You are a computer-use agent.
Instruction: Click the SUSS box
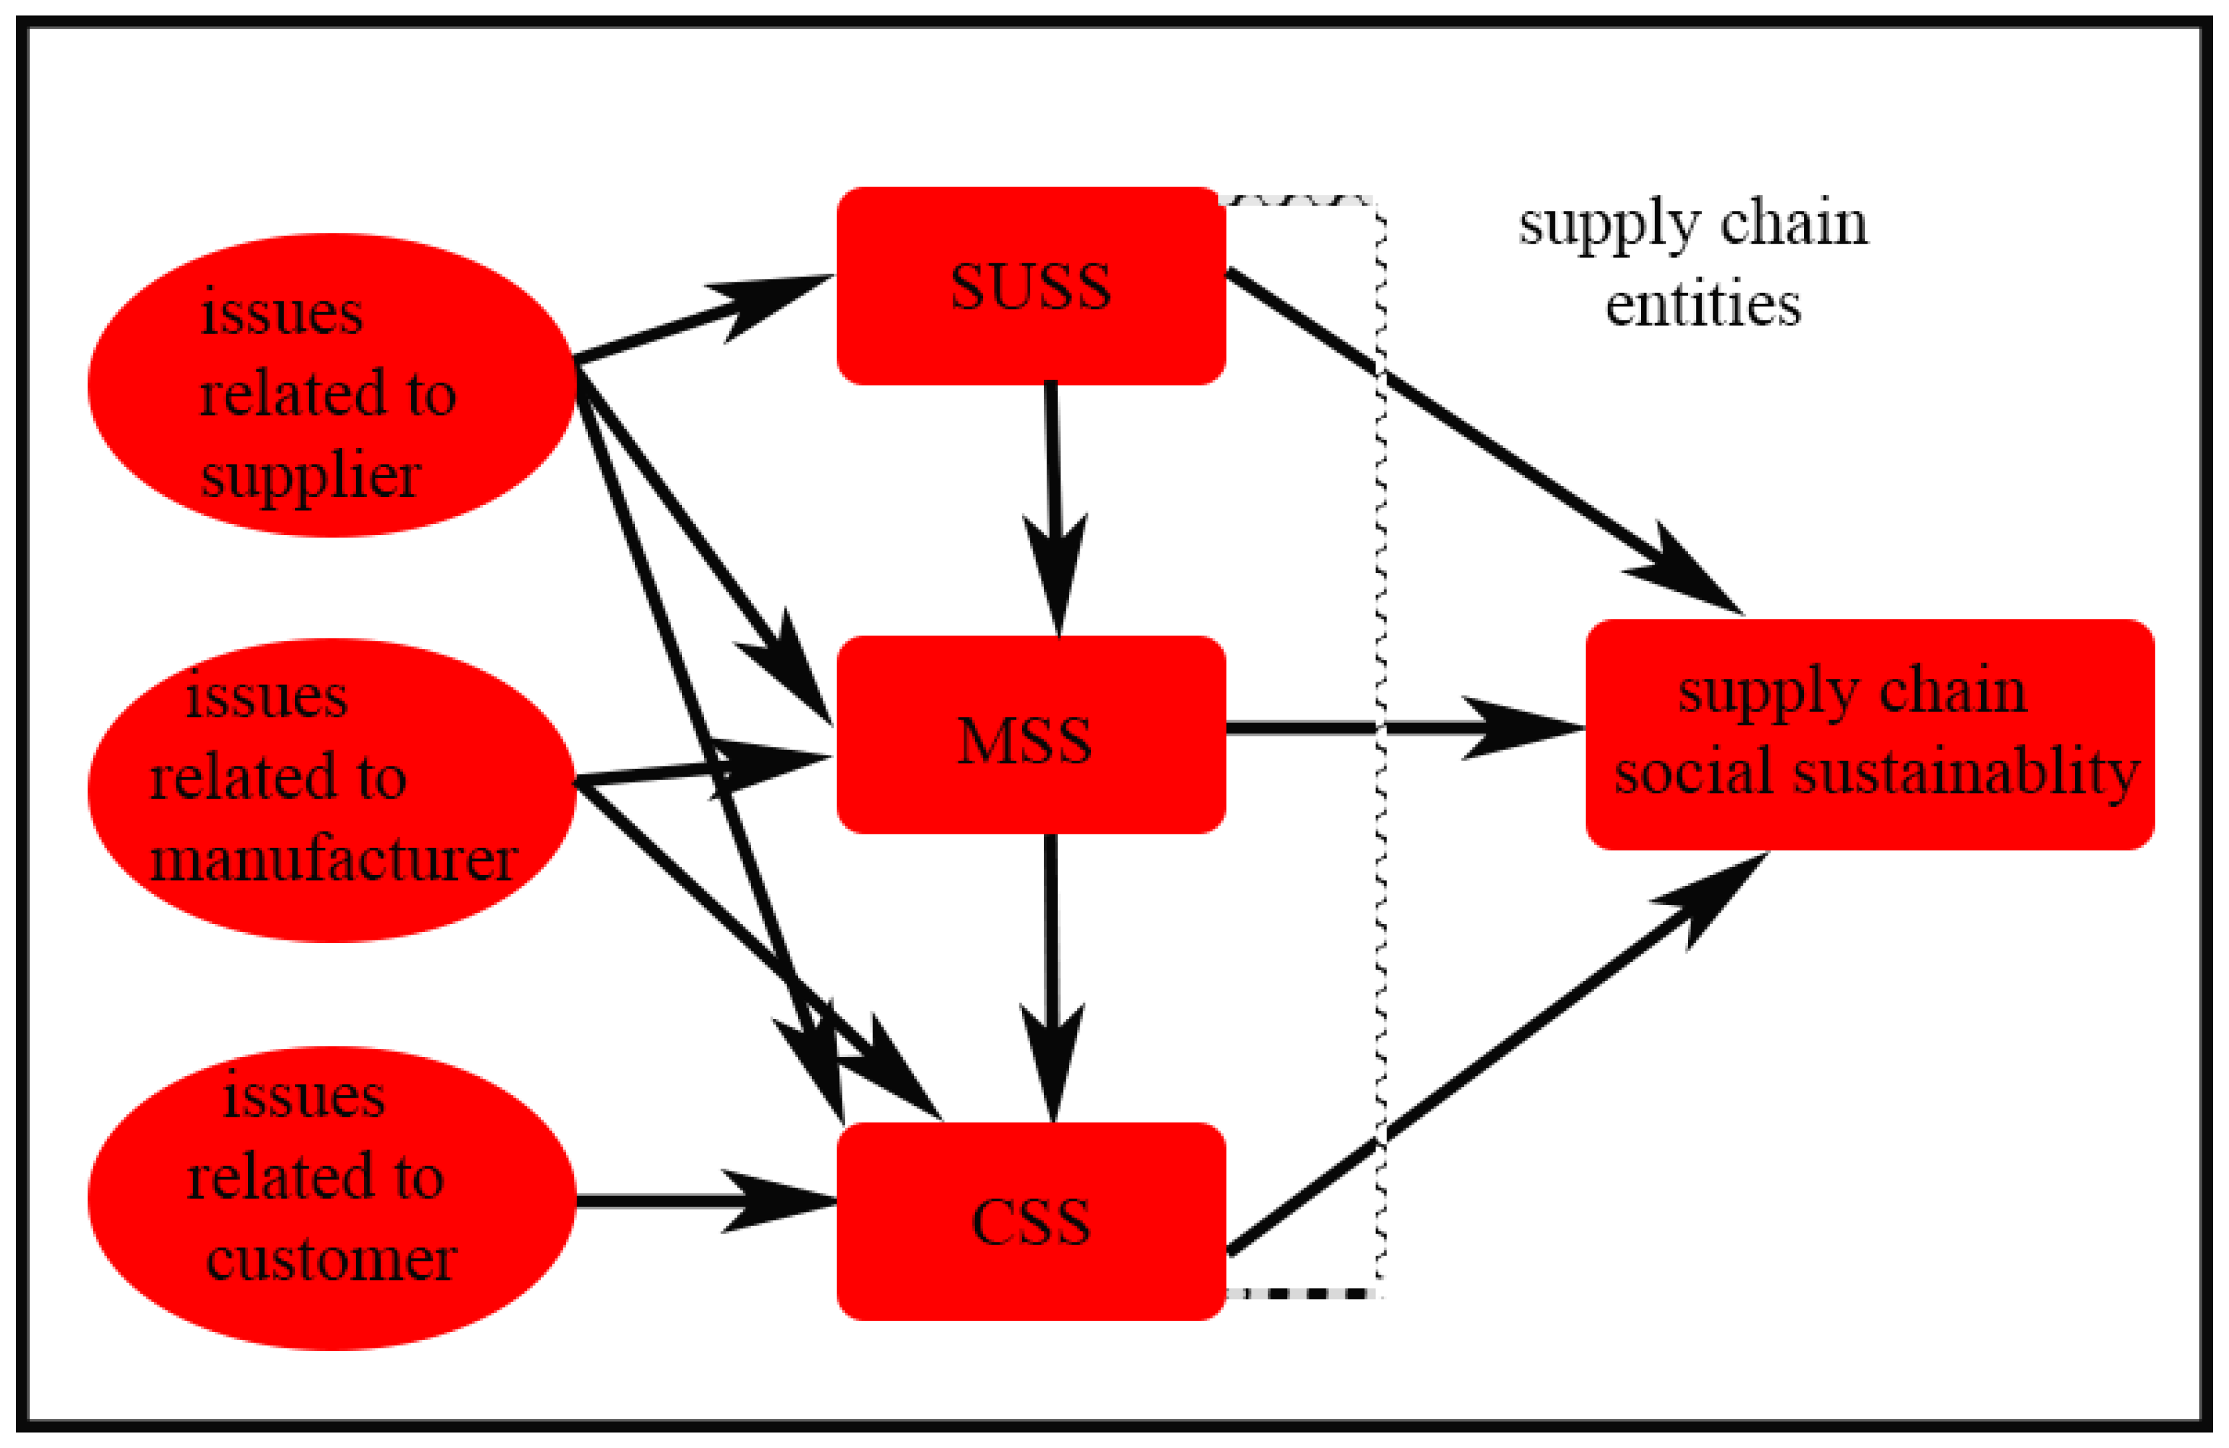point(1031,286)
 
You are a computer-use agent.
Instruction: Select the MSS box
point(1031,734)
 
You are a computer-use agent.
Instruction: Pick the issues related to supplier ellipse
point(332,385)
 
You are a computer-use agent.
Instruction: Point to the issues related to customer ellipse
point(332,1198)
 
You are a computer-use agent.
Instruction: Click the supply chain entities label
point(1693,264)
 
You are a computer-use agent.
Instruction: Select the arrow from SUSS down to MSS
point(1055,509)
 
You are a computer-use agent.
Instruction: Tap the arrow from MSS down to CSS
point(1053,978)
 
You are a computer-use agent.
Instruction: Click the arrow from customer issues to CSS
point(706,1201)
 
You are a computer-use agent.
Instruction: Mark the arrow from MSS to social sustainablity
point(1406,728)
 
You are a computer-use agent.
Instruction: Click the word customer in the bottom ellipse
point(332,1259)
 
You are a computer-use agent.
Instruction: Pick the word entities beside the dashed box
point(1703,305)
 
